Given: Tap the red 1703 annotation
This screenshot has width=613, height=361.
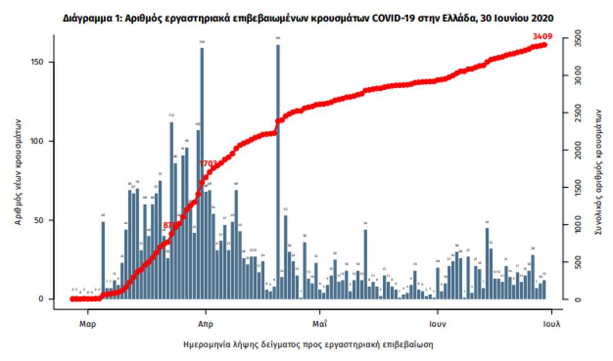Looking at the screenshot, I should [x=209, y=163].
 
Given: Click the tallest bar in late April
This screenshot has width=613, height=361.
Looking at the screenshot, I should [x=278, y=169].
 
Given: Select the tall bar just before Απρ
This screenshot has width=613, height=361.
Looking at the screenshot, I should [x=202, y=174].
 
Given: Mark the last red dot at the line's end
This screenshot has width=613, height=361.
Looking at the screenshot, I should [x=545, y=45].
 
